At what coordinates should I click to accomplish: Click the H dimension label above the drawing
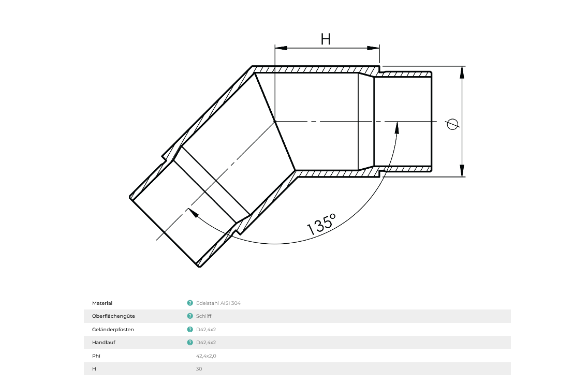pyautogui.click(x=326, y=39)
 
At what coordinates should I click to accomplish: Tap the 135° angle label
pyautogui.click(x=321, y=225)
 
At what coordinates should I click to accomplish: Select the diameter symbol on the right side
pyautogui.click(x=452, y=124)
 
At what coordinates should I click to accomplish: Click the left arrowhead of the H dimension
pyautogui.click(x=281, y=48)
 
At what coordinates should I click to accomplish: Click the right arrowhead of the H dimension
pyautogui.click(x=373, y=48)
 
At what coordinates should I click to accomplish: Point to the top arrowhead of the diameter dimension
pyautogui.click(x=462, y=72)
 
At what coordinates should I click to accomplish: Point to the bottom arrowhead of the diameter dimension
pyautogui.click(x=462, y=170)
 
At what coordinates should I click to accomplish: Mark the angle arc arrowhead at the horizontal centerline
pyautogui.click(x=397, y=128)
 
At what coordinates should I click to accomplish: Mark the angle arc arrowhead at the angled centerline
pyautogui.click(x=193, y=213)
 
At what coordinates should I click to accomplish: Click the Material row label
pyautogui.click(x=102, y=303)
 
